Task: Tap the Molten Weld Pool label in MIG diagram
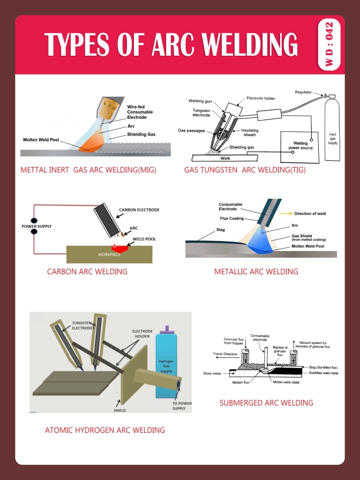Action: (41, 140)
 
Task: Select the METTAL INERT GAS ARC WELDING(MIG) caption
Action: (92, 170)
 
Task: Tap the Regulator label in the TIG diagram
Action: (303, 92)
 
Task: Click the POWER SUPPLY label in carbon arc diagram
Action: (36, 227)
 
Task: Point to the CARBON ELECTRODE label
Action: (139, 209)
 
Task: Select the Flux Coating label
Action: (232, 219)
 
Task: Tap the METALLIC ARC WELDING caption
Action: (256, 272)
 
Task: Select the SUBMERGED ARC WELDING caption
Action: (266, 403)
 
